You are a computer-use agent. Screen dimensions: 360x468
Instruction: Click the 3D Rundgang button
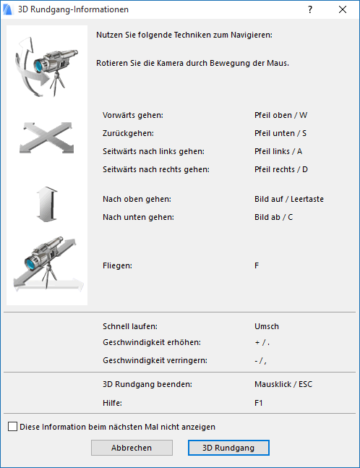[228, 448]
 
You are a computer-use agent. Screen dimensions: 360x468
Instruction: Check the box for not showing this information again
[13, 427]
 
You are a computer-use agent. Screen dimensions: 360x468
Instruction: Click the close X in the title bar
[342, 10]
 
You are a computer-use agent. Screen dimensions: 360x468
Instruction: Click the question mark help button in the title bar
[309, 10]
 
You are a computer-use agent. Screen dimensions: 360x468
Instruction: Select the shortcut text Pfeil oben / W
[281, 115]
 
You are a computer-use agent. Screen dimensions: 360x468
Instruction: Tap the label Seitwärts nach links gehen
[153, 151]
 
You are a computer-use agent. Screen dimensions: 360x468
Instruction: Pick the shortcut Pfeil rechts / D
[282, 169]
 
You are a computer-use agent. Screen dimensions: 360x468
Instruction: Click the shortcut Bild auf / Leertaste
[289, 199]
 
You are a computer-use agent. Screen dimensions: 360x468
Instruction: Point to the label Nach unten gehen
[138, 217]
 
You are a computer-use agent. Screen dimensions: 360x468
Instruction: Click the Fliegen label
[117, 266]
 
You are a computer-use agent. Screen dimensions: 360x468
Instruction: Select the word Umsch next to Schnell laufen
[267, 326]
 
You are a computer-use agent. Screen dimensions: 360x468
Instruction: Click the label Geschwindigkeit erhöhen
[151, 342]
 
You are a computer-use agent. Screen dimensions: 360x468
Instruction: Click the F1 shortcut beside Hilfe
[260, 402]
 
